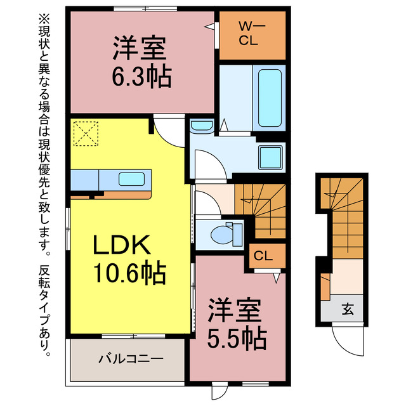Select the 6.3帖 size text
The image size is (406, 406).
140,77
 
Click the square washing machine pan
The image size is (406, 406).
271,156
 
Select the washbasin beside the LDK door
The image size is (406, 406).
202,126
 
